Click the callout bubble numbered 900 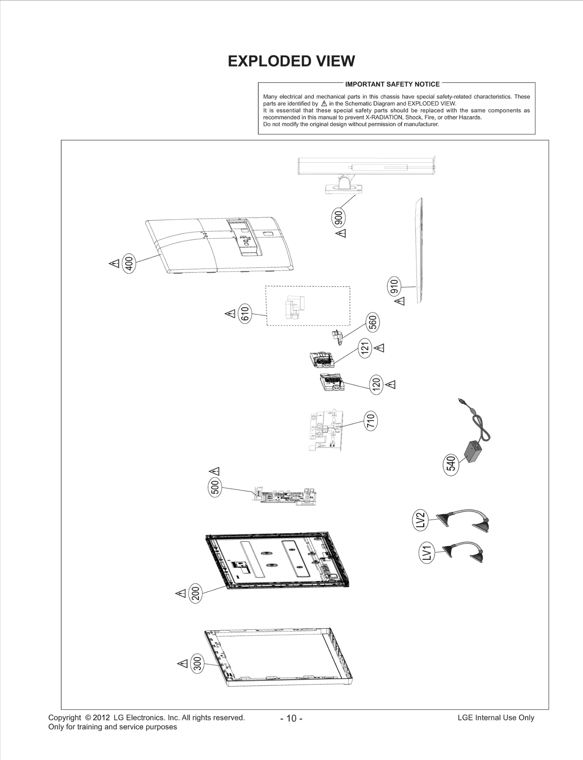pos(339,218)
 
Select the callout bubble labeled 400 pos(129,263)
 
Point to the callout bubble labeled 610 pos(245,313)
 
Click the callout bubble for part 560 pos(373,322)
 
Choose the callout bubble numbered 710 pos(371,421)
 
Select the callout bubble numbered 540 pos(451,463)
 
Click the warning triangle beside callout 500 pos(214,470)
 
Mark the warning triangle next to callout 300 pos(183,663)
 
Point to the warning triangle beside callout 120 pos(391,384)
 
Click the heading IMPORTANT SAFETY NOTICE pos(392,84)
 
